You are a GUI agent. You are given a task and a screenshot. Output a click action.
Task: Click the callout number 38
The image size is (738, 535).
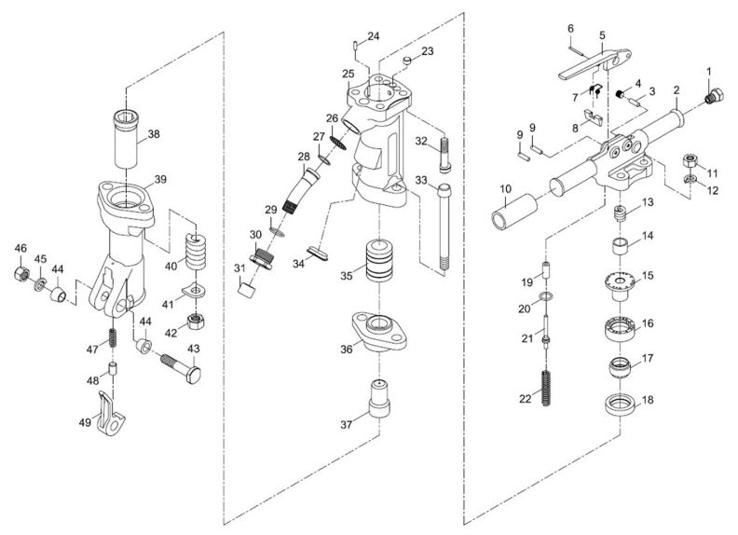(154, 133)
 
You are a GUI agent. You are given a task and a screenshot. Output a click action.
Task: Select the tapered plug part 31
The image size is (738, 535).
(248, 290)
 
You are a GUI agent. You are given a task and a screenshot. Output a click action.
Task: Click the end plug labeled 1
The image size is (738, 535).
(713, 95)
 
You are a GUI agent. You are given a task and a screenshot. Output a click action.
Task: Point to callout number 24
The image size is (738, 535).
(373, 36)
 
